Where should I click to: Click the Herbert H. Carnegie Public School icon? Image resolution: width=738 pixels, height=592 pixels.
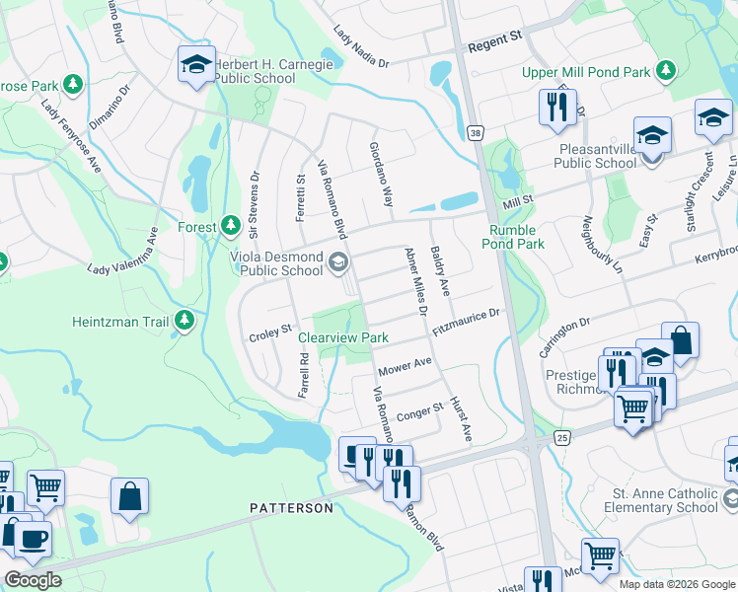(195, 64)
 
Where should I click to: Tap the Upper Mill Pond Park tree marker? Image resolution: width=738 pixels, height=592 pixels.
(667, 71)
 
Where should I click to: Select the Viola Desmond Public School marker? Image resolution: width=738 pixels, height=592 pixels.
(338, 260)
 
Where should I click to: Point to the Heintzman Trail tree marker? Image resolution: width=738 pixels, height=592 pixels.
(184, 321)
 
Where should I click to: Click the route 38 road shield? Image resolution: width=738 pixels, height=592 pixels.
(476, 132)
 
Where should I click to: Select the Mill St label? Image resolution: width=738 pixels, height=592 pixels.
(518, 201)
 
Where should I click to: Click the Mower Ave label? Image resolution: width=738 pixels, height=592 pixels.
(406, 367)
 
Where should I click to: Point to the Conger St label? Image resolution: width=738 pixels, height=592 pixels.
(419, 410)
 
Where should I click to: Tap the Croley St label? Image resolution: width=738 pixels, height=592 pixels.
(271, 330)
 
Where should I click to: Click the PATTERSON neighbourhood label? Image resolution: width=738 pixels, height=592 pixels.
(291, 507)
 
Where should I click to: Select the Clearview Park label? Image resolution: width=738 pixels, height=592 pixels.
(343, 337)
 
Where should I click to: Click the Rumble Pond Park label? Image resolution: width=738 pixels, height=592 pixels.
(512, 237)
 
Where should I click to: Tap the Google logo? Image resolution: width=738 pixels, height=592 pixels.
(33, 580)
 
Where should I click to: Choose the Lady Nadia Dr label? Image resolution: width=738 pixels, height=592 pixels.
(361, 47)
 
